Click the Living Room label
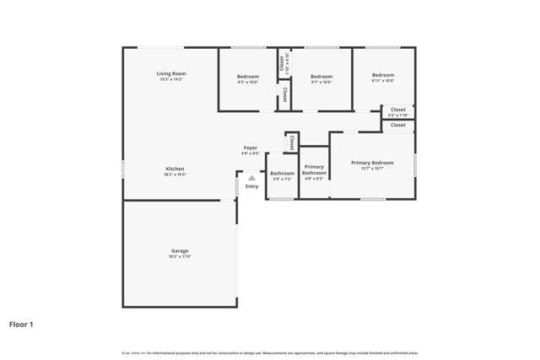[170, 74]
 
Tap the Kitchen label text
[175, 169]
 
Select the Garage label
[179, 250]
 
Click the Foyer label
[251, 148]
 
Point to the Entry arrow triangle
[251, 177]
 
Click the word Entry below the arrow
[251, 185]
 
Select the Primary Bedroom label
[372, 162]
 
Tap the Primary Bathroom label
[314, 169]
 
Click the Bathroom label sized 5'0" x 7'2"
[282, 173]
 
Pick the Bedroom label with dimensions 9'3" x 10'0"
[248, 77]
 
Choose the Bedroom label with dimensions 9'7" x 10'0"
[321, 77]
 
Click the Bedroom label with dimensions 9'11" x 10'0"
[383, 75]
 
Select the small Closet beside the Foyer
[292, 142]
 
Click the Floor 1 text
[21, 324]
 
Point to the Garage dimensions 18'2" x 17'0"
[179, 256]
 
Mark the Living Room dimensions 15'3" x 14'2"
[170, 80]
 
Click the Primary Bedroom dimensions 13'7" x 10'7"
[372, 169]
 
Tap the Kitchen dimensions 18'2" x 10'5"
[175, 175]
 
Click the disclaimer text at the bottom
[270, 352]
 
